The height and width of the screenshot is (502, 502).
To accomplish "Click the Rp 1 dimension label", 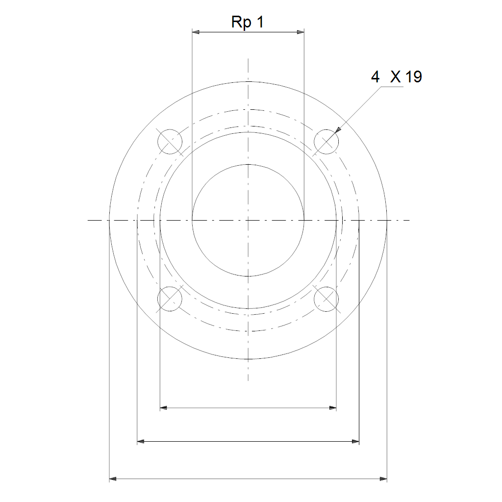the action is point(248,23).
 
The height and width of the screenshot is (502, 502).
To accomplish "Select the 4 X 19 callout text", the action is point(396,77).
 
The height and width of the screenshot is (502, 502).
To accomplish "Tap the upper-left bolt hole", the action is point(170,142).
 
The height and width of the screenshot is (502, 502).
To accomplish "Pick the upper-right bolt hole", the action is point(326,142).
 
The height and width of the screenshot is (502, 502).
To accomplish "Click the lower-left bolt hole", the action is point(170,299).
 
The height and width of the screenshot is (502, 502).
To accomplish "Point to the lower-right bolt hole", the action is point(326,299).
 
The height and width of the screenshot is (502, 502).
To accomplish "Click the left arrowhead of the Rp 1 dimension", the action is point(196,32).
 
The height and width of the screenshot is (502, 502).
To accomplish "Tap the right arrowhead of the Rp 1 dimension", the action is point(301,32).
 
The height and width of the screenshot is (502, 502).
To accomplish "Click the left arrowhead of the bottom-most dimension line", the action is point(113,479).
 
